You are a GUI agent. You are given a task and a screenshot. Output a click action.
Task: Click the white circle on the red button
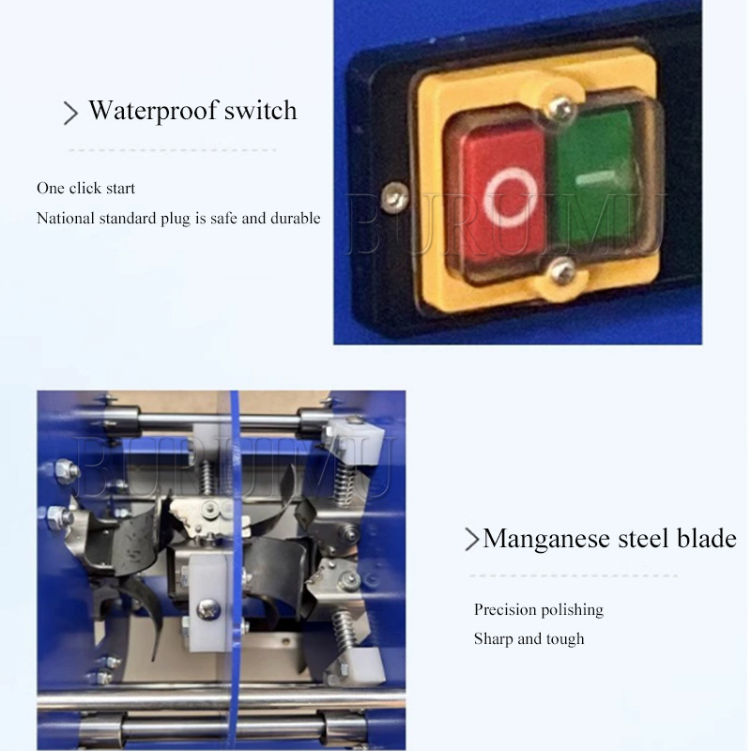click(x=509, y=197)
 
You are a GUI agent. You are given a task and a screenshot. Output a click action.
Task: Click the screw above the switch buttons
click(x=560, y=107)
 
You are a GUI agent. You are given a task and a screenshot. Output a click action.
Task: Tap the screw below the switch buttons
click(x=561, y=271)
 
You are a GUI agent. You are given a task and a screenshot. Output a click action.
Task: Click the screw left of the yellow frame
click(x=394, y=196)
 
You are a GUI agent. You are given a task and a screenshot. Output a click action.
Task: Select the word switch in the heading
click(x=261, y=110)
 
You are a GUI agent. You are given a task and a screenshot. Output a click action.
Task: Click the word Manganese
click(x=546, y=539)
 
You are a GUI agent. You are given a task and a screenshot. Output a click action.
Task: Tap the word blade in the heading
click(x=707, y=538)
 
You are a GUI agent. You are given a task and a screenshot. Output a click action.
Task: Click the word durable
click(x=296, y=219)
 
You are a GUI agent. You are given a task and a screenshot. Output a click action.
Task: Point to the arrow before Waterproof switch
click(x=70, y=113)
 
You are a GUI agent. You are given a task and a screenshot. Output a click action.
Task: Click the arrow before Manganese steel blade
click(x=472, y=539)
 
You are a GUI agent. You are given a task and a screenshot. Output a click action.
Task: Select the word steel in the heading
click(x=643, y=538)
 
